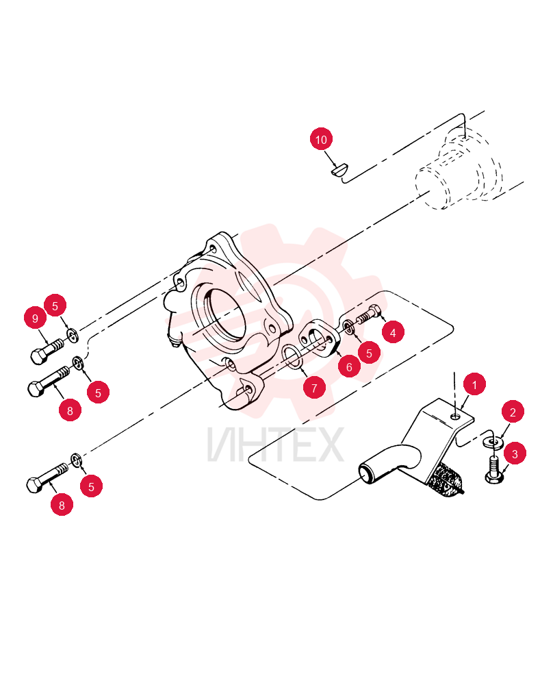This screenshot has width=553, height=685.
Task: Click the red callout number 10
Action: point(321,139)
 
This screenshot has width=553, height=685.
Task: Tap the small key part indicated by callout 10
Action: point(339,169)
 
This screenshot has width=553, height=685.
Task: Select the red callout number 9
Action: point(36,318)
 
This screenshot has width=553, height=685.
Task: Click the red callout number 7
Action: point(314,387)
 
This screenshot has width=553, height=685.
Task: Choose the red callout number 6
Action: point(349,366)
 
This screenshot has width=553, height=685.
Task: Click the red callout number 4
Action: point(393,332)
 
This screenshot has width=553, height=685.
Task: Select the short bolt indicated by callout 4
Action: point(370,314)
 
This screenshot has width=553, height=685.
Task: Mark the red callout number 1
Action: point(474,384)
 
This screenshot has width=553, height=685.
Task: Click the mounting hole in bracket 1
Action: point(456,416)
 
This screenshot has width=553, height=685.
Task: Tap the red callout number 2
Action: point(513,412)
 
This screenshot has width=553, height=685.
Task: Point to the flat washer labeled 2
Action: point(493,442)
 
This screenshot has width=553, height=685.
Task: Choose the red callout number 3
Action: point(515,453)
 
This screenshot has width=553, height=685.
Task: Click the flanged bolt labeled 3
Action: point(495,470)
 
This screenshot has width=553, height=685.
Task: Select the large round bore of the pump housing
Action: point(220,314)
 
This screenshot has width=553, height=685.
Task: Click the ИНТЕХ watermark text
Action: point(276,445)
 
